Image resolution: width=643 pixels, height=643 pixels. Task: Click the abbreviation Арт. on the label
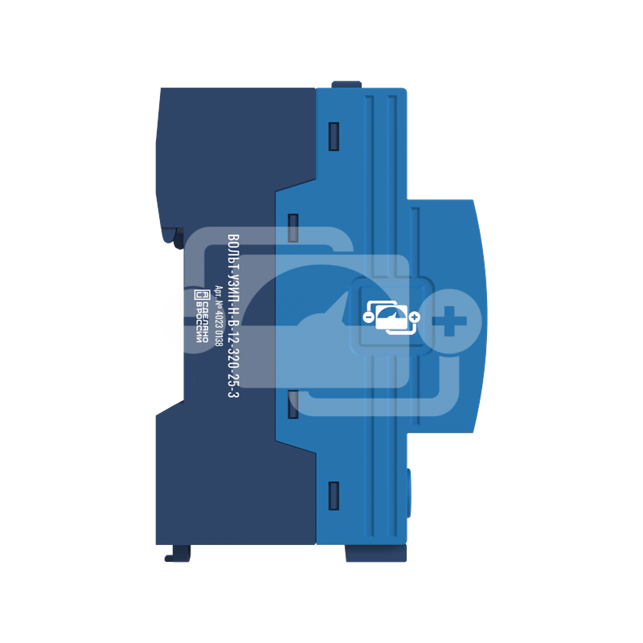click(219, 292)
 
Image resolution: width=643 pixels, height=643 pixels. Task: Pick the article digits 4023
click(219, 321)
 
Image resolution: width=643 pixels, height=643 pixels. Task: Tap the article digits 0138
click(219, 338)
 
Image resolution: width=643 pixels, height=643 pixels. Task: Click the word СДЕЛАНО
click(205, 320)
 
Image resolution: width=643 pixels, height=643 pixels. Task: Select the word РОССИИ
click(199, 323)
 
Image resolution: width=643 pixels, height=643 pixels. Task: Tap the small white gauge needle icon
click(390, 317)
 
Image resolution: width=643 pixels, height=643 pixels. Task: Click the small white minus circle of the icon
click(368, 317)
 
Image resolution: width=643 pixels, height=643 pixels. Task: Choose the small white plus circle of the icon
click(415, 317)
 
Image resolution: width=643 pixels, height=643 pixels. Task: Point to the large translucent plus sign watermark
click(450, 321)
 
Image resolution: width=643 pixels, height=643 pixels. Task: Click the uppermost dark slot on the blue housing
click(334, 137)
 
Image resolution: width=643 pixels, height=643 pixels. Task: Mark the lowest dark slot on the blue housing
click(334, 496)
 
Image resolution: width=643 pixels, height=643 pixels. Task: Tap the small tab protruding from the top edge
click(346, 84)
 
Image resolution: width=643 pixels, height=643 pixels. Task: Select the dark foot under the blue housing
click(376, 553)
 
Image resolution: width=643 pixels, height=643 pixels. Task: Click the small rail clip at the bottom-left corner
click(178, 553)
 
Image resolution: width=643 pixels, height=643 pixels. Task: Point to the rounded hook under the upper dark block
click(174, 238)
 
